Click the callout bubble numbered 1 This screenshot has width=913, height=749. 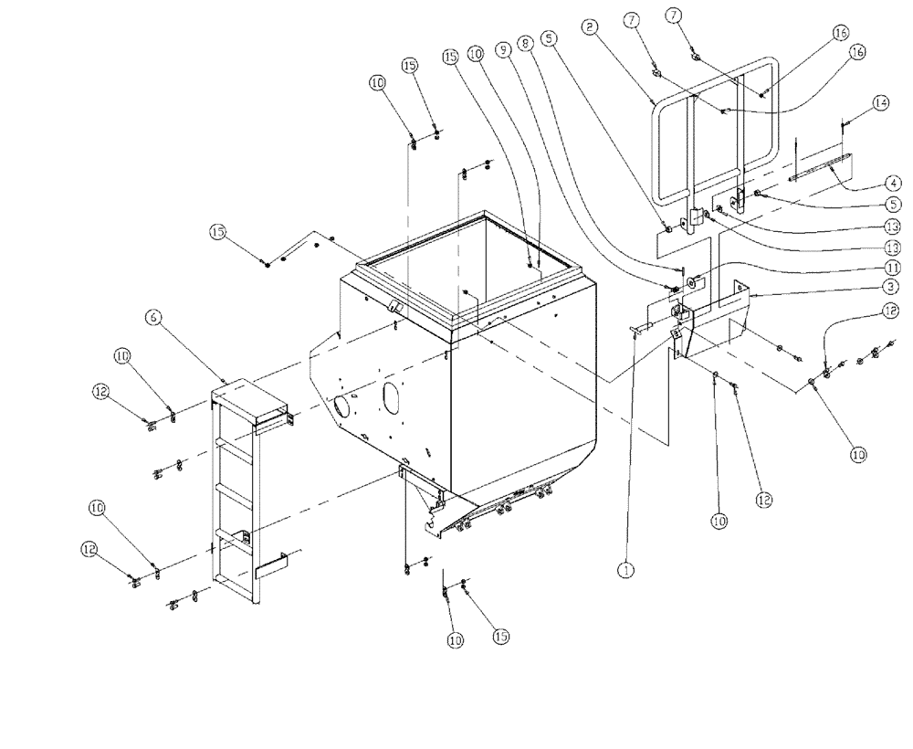coord(625,568)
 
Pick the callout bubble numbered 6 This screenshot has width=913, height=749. coord(152,316)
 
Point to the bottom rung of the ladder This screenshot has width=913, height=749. coord(236,534)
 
